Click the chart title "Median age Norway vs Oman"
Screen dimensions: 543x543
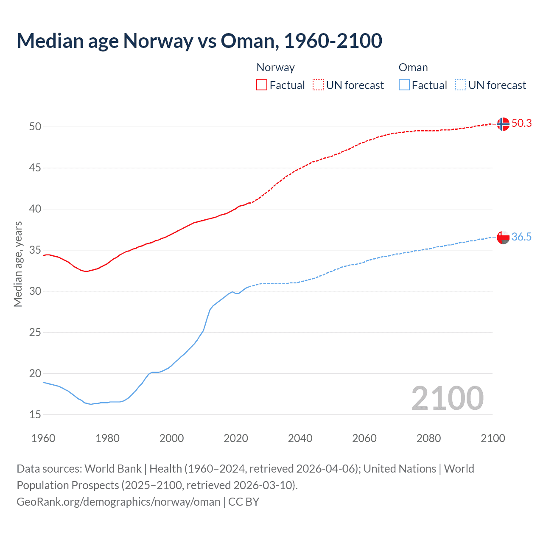[x=199, y=41]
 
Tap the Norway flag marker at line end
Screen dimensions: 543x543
[x=503, y=124]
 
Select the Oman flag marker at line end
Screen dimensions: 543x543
[x=503, y=238]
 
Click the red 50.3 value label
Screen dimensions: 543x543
[x=521, y=123]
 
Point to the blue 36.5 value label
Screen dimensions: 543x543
[x=521, y=237]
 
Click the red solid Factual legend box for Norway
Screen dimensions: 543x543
[x=262, y=85]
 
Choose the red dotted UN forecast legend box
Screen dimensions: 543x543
[x=318, y=85]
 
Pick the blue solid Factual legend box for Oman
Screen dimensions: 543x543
[x=404, y=85]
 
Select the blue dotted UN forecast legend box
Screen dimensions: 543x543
[x=461, y=85]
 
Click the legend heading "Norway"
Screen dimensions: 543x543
[x=275, y=67]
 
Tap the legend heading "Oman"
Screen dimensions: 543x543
[x=413, y=67]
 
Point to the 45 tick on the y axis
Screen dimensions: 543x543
[x=35, y=168]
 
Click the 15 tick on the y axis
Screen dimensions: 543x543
[x=35, y=414]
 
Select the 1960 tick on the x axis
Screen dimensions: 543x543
[x=43, y=438]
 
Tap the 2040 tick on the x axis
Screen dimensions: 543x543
[x=300, y=438]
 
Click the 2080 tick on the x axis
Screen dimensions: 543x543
[x=428, y=438]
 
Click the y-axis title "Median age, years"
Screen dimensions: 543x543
[x=18, y=264]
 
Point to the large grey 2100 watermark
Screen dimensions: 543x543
[x=447, y=398]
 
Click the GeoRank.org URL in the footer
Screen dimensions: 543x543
[x=118, y=502]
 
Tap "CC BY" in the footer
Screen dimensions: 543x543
[x=244, y=502]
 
